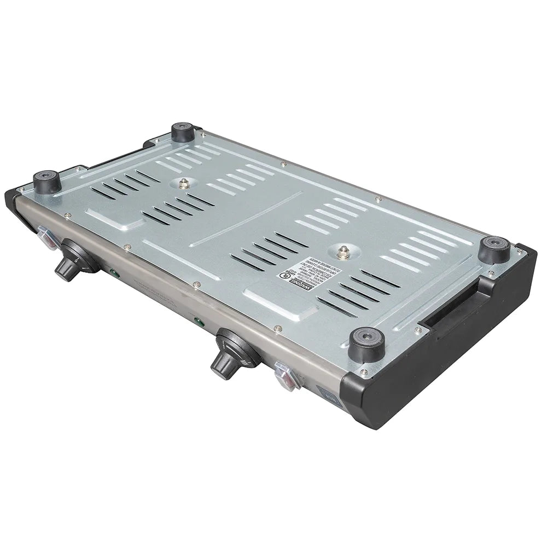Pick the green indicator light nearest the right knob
click(200, 323)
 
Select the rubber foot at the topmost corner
click(183, 132)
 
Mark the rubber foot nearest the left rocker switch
click(47, 182)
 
